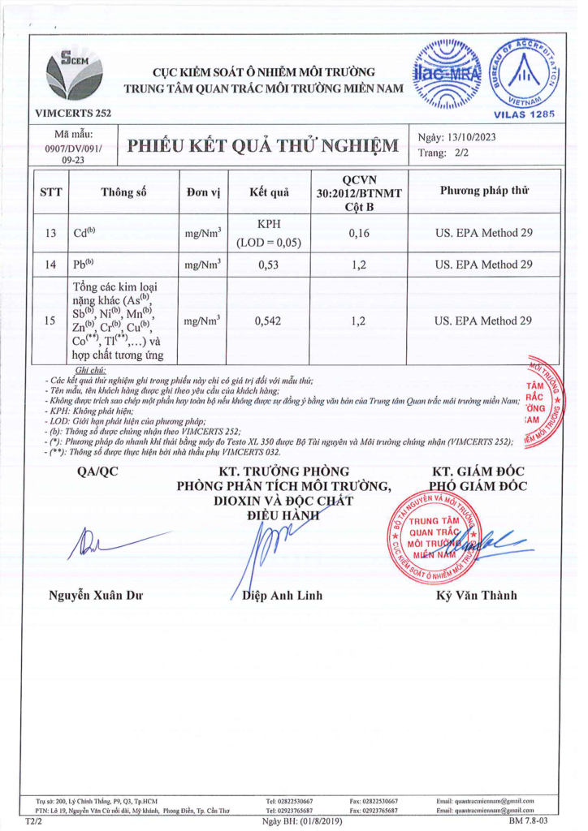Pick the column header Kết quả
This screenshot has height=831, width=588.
pos(269,192)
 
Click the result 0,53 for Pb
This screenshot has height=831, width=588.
pos(268,265)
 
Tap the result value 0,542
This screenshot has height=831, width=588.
pos(268,321)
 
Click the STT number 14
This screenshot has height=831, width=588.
pos(51,265)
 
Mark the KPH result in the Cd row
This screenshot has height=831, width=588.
pos(268,225)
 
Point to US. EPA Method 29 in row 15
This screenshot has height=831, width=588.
pos(484,321)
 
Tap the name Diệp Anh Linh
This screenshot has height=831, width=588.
pos(283,596)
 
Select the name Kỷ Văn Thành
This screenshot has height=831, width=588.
pos(476,596)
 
